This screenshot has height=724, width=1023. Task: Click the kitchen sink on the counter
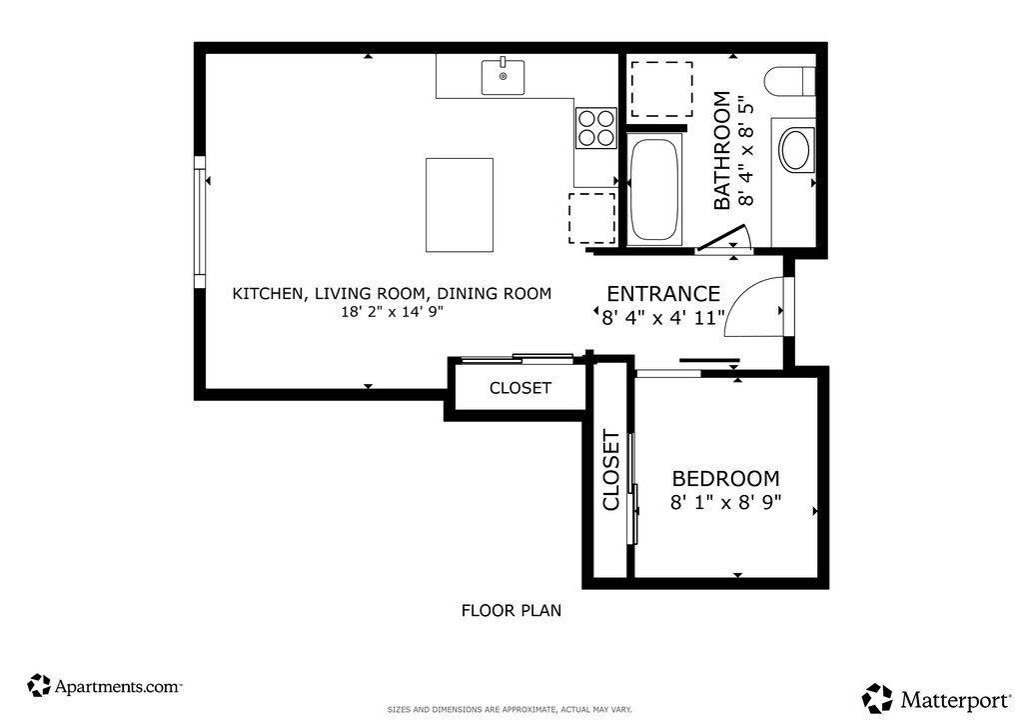click(504, 76)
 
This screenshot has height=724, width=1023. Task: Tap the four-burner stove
click(596, 127)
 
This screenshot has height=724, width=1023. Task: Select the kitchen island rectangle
click(460, 204)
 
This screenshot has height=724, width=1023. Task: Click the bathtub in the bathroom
click(655, 189)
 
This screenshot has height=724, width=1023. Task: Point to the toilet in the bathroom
click(790, 83)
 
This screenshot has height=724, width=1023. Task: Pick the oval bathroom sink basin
click(795, 150)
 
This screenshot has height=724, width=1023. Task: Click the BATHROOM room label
click(721, 151)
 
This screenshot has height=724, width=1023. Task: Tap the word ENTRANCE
click(663, 293)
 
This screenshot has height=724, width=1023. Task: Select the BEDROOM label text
click(725, 479)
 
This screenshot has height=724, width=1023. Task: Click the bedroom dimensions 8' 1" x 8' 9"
click(725, 502)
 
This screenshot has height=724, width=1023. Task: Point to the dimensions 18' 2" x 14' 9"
click(392, 311)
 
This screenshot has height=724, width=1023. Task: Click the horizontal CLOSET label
click(519, 388)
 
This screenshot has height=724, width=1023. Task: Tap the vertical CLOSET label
click(610, 470)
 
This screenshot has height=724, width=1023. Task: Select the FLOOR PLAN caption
click(511, 610)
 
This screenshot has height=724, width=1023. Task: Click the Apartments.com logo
click(104, 686)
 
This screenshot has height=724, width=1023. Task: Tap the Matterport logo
click(937, 699)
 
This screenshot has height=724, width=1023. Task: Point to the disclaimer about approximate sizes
click(510, 709)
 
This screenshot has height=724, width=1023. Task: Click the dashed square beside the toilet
click(661, 89)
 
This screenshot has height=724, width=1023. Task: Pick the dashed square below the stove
click(591, 218)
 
